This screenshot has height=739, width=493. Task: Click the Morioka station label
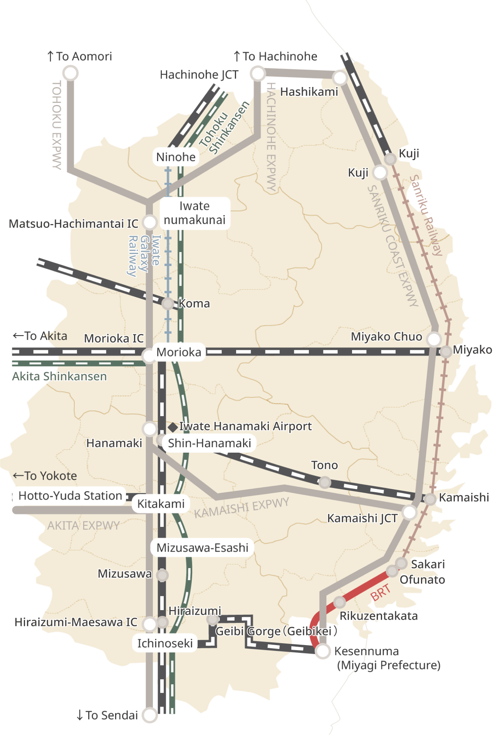179,352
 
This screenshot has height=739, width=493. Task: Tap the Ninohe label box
176,157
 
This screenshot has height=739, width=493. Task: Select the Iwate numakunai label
195,213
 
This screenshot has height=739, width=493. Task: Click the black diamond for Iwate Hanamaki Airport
173,427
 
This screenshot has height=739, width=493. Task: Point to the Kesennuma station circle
323,651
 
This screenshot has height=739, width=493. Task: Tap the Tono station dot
325,482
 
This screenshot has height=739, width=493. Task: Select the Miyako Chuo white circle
434,339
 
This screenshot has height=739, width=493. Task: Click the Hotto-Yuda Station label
70,496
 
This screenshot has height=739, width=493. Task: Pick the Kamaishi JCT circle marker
409,512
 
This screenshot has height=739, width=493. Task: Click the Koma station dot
168,304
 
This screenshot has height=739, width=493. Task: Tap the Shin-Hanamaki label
210,443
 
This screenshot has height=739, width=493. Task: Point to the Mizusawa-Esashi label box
203,548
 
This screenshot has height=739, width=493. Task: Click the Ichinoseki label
165,643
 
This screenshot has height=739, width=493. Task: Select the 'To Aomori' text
80,57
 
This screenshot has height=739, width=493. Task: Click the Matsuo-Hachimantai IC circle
149,222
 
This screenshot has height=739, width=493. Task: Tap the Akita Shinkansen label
59,376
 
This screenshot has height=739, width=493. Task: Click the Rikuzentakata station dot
339,602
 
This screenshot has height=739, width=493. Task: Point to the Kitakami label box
161,504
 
